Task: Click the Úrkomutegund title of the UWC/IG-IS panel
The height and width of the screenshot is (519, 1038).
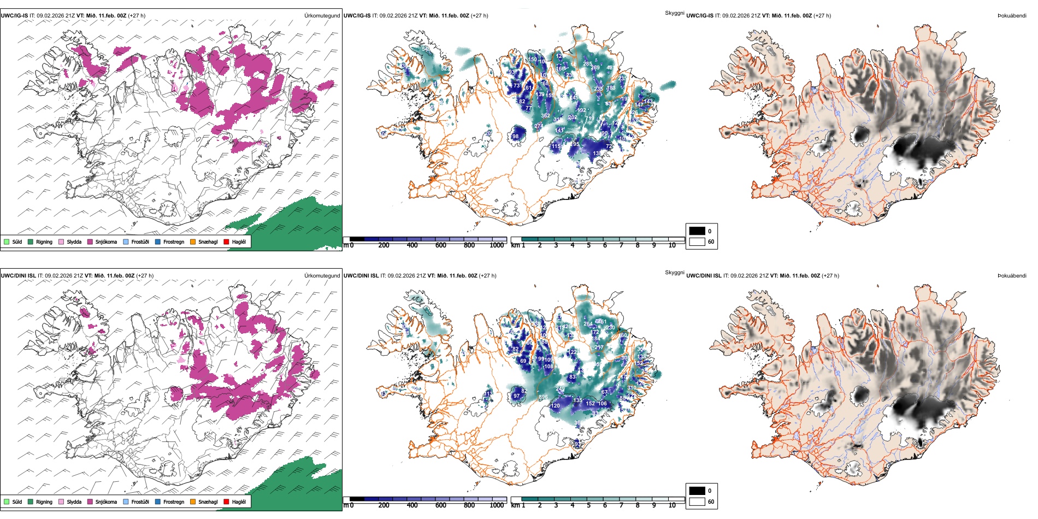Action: [x=322, y=16]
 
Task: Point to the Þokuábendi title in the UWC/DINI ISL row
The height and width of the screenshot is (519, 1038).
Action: [x=1012, y=276]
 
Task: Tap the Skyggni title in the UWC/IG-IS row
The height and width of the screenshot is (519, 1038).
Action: [x=674, y=13]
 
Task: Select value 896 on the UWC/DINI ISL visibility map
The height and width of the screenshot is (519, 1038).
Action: [x=543, y=398]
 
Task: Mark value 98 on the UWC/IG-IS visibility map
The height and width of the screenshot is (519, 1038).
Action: [x=515, y=137]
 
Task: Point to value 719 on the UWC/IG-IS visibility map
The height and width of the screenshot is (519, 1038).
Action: [x=589, y=119]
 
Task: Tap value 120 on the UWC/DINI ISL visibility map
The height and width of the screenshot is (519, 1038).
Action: [x=556, y=406]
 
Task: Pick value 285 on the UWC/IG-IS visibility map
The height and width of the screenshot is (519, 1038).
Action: [x=587, y=64]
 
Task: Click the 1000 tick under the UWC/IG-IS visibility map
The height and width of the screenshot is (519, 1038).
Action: [x=497, y=245]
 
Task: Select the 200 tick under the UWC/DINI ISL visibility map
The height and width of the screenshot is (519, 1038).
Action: [x=384, y=505]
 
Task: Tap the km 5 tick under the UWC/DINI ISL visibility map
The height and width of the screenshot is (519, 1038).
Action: [x=588, y=505]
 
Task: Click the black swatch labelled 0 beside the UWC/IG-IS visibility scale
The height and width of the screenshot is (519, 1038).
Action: [x=697, y=231]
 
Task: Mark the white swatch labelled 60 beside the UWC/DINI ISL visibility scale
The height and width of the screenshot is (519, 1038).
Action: [x=697, y=502]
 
